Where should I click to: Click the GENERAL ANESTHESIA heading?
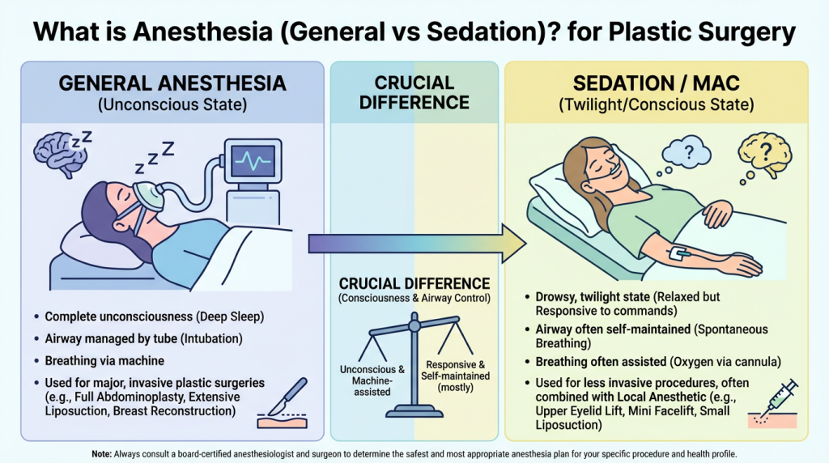coord(172,83)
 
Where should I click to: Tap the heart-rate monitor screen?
coord(251,160)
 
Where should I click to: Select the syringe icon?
coord(776,398)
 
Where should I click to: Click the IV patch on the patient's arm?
coord(677,255)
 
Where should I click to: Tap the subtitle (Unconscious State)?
coord(172,104)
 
